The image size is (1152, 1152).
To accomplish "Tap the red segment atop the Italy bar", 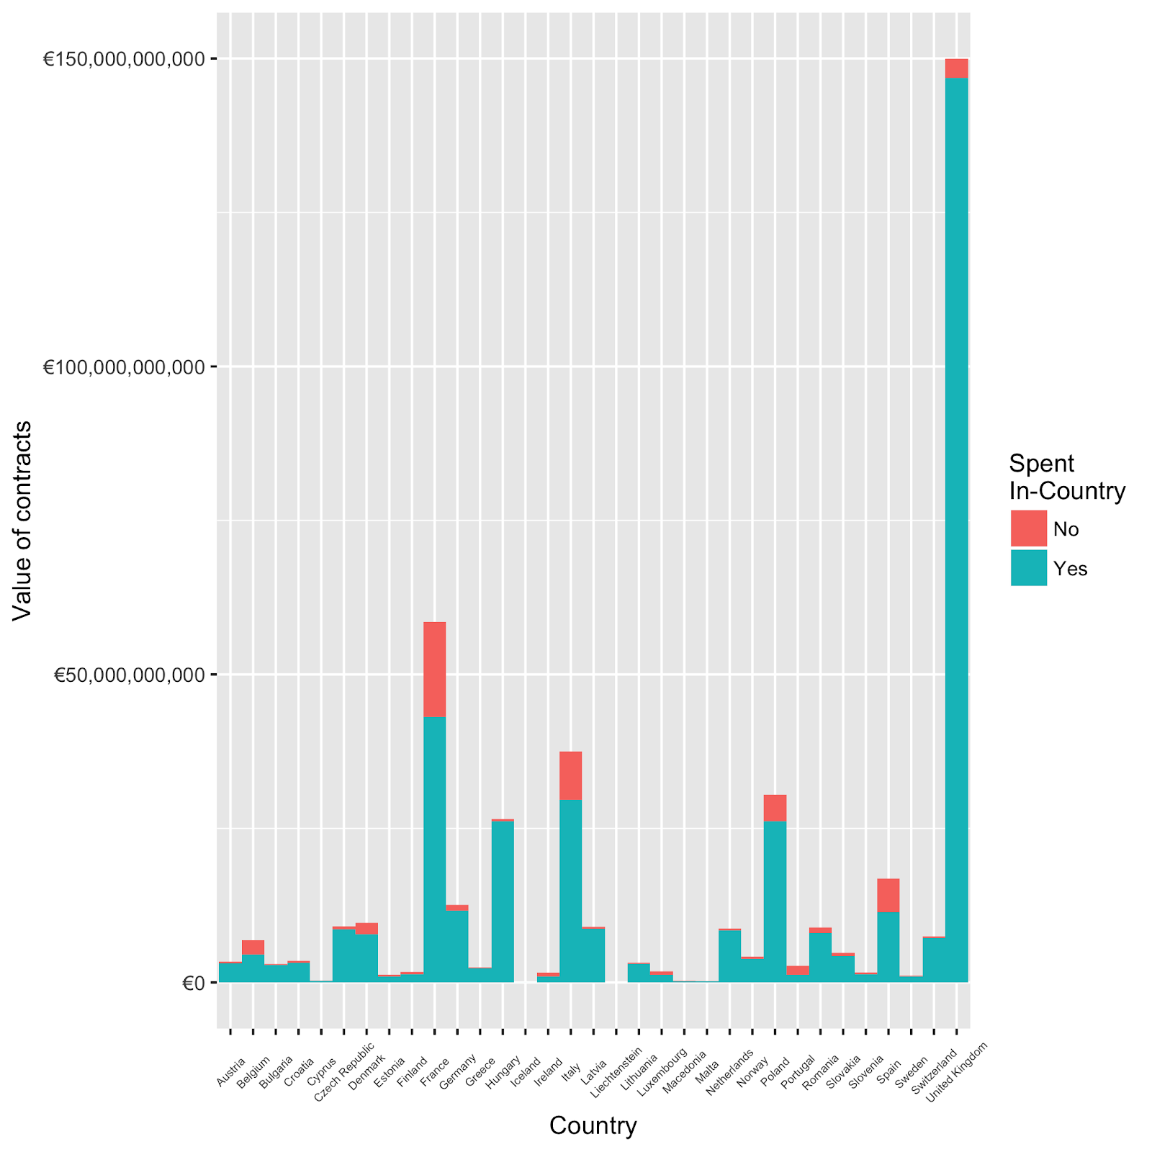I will click(x=570, y=775).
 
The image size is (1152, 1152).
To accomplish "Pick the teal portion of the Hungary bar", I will click(x=503, y=901).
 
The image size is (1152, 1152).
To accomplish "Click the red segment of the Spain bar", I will click(x=888, y=895).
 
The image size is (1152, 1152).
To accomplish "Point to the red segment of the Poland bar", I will click(x=775, y=808).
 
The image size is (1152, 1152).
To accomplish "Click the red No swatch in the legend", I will click(x=1028, y=528).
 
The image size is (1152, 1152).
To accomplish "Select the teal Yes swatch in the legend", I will click(x=1028, y=568).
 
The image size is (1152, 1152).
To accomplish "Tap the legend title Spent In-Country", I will click(x=1066, y=477).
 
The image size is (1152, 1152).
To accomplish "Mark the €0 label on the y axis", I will click(x=193, y=983).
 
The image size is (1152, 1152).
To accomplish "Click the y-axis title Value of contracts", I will click(x=22, y=520).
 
